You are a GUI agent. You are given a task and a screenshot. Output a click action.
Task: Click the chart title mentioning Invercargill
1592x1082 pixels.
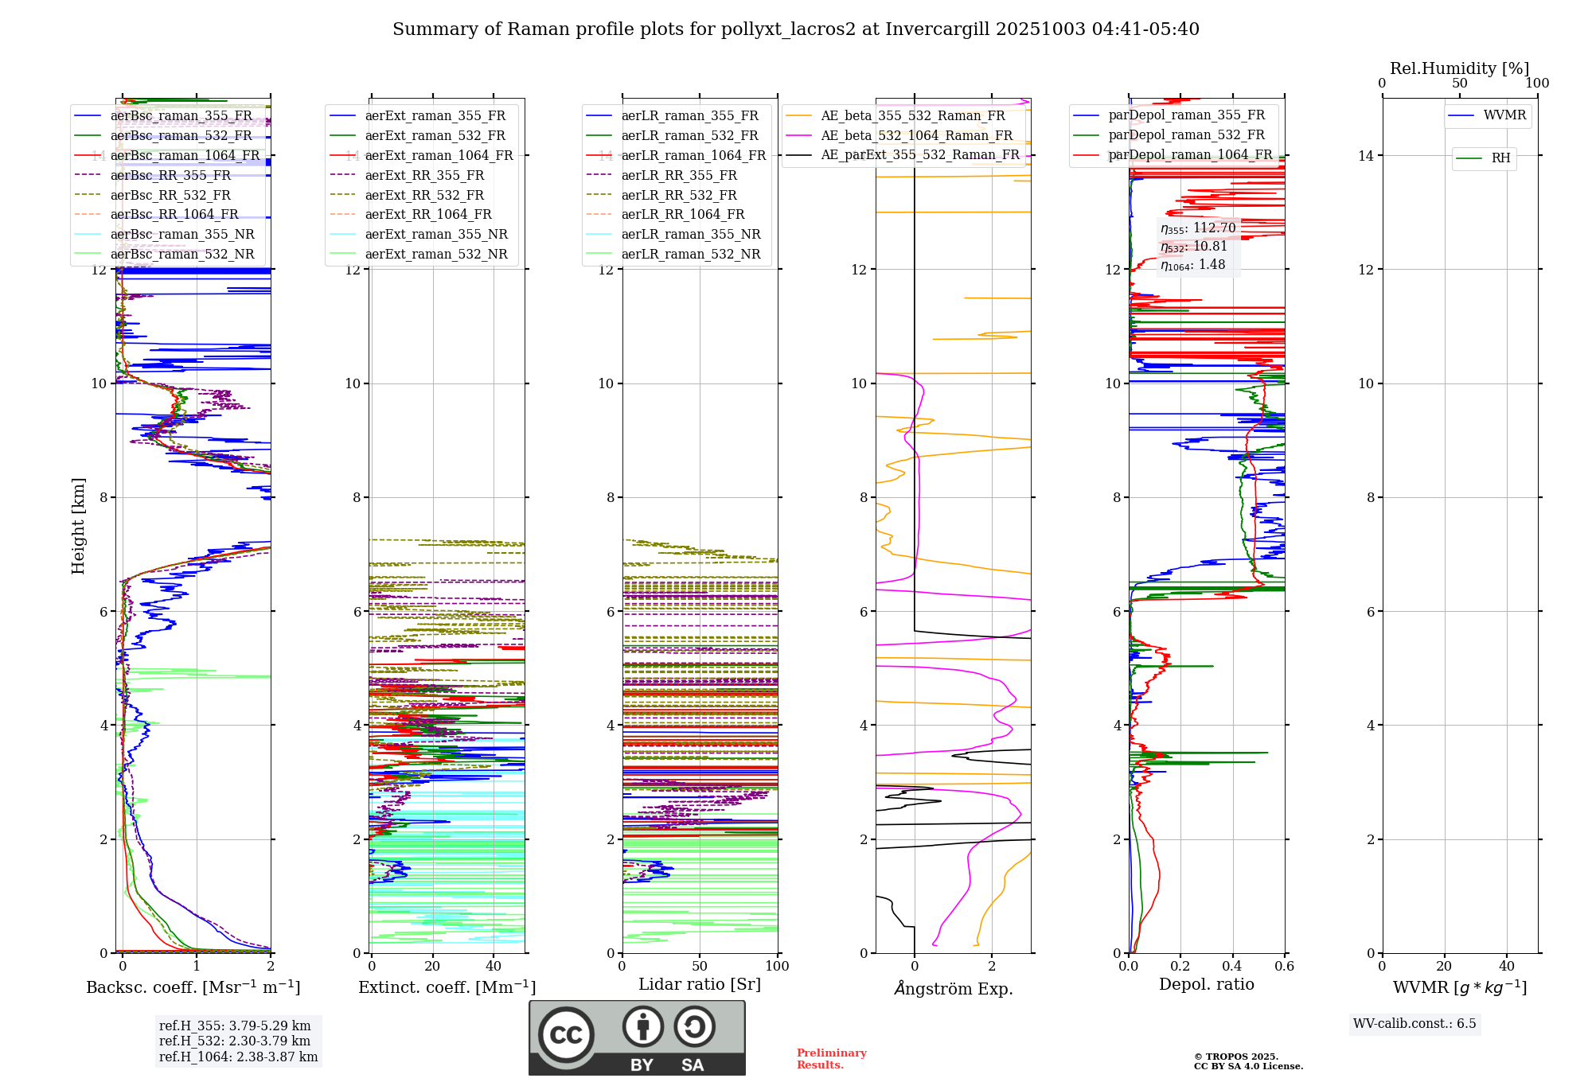coord(795,29)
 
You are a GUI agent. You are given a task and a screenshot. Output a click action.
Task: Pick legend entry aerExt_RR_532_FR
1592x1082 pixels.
coord(424,195)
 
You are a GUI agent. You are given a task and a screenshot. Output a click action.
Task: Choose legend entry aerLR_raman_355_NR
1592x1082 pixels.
coord(690,234)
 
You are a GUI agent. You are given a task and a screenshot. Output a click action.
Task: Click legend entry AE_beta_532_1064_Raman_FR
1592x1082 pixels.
coord(916,135)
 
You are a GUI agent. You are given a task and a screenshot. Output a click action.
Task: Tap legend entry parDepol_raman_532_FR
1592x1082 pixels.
coord(1186,135)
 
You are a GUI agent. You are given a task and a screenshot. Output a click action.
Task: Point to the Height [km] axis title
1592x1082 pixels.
coord(78,525)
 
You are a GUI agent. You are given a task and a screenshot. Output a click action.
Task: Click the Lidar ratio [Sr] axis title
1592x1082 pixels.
coord(699,984)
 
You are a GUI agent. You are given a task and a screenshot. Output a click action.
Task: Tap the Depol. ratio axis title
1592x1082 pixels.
coord(1206,984)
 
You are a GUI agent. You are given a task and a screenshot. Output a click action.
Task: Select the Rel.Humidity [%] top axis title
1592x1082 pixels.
coord(1459,68)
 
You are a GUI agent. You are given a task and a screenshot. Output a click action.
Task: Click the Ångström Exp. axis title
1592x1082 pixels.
coord(953,988)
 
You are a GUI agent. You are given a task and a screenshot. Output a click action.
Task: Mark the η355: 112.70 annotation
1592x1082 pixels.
coord(1198,228)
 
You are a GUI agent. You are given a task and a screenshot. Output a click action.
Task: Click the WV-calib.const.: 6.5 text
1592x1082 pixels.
coord(1414,1024)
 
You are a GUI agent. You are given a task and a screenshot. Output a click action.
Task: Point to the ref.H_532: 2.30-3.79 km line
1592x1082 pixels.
coord(235,1041)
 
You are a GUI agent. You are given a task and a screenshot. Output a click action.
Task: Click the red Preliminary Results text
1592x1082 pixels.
coord(831,1059)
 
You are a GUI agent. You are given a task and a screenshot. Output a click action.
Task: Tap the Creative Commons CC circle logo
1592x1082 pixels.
coord(566,1035)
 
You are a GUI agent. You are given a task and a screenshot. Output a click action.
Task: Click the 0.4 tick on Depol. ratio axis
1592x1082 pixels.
coord(1232,966)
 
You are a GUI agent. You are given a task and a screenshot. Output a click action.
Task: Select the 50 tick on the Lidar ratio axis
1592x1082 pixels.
coord(699,966)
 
